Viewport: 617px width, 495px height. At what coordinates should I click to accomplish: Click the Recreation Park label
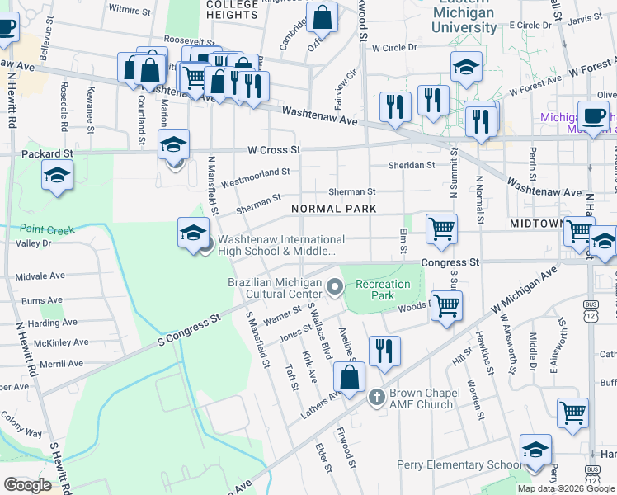383,290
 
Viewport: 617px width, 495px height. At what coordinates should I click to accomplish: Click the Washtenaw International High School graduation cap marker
192,232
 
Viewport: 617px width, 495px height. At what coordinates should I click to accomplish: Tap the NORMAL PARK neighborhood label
333,209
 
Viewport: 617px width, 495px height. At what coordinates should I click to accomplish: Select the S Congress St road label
191,328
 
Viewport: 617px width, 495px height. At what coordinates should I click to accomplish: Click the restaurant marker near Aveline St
384,351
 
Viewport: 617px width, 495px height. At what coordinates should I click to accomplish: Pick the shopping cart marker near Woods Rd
446,304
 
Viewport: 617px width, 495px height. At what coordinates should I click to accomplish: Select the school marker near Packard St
57,175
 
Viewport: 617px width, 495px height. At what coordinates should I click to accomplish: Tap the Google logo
27,484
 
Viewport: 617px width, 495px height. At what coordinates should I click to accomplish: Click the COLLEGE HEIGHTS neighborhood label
233,9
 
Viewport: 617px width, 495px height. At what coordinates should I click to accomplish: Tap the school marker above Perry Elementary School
536,450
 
